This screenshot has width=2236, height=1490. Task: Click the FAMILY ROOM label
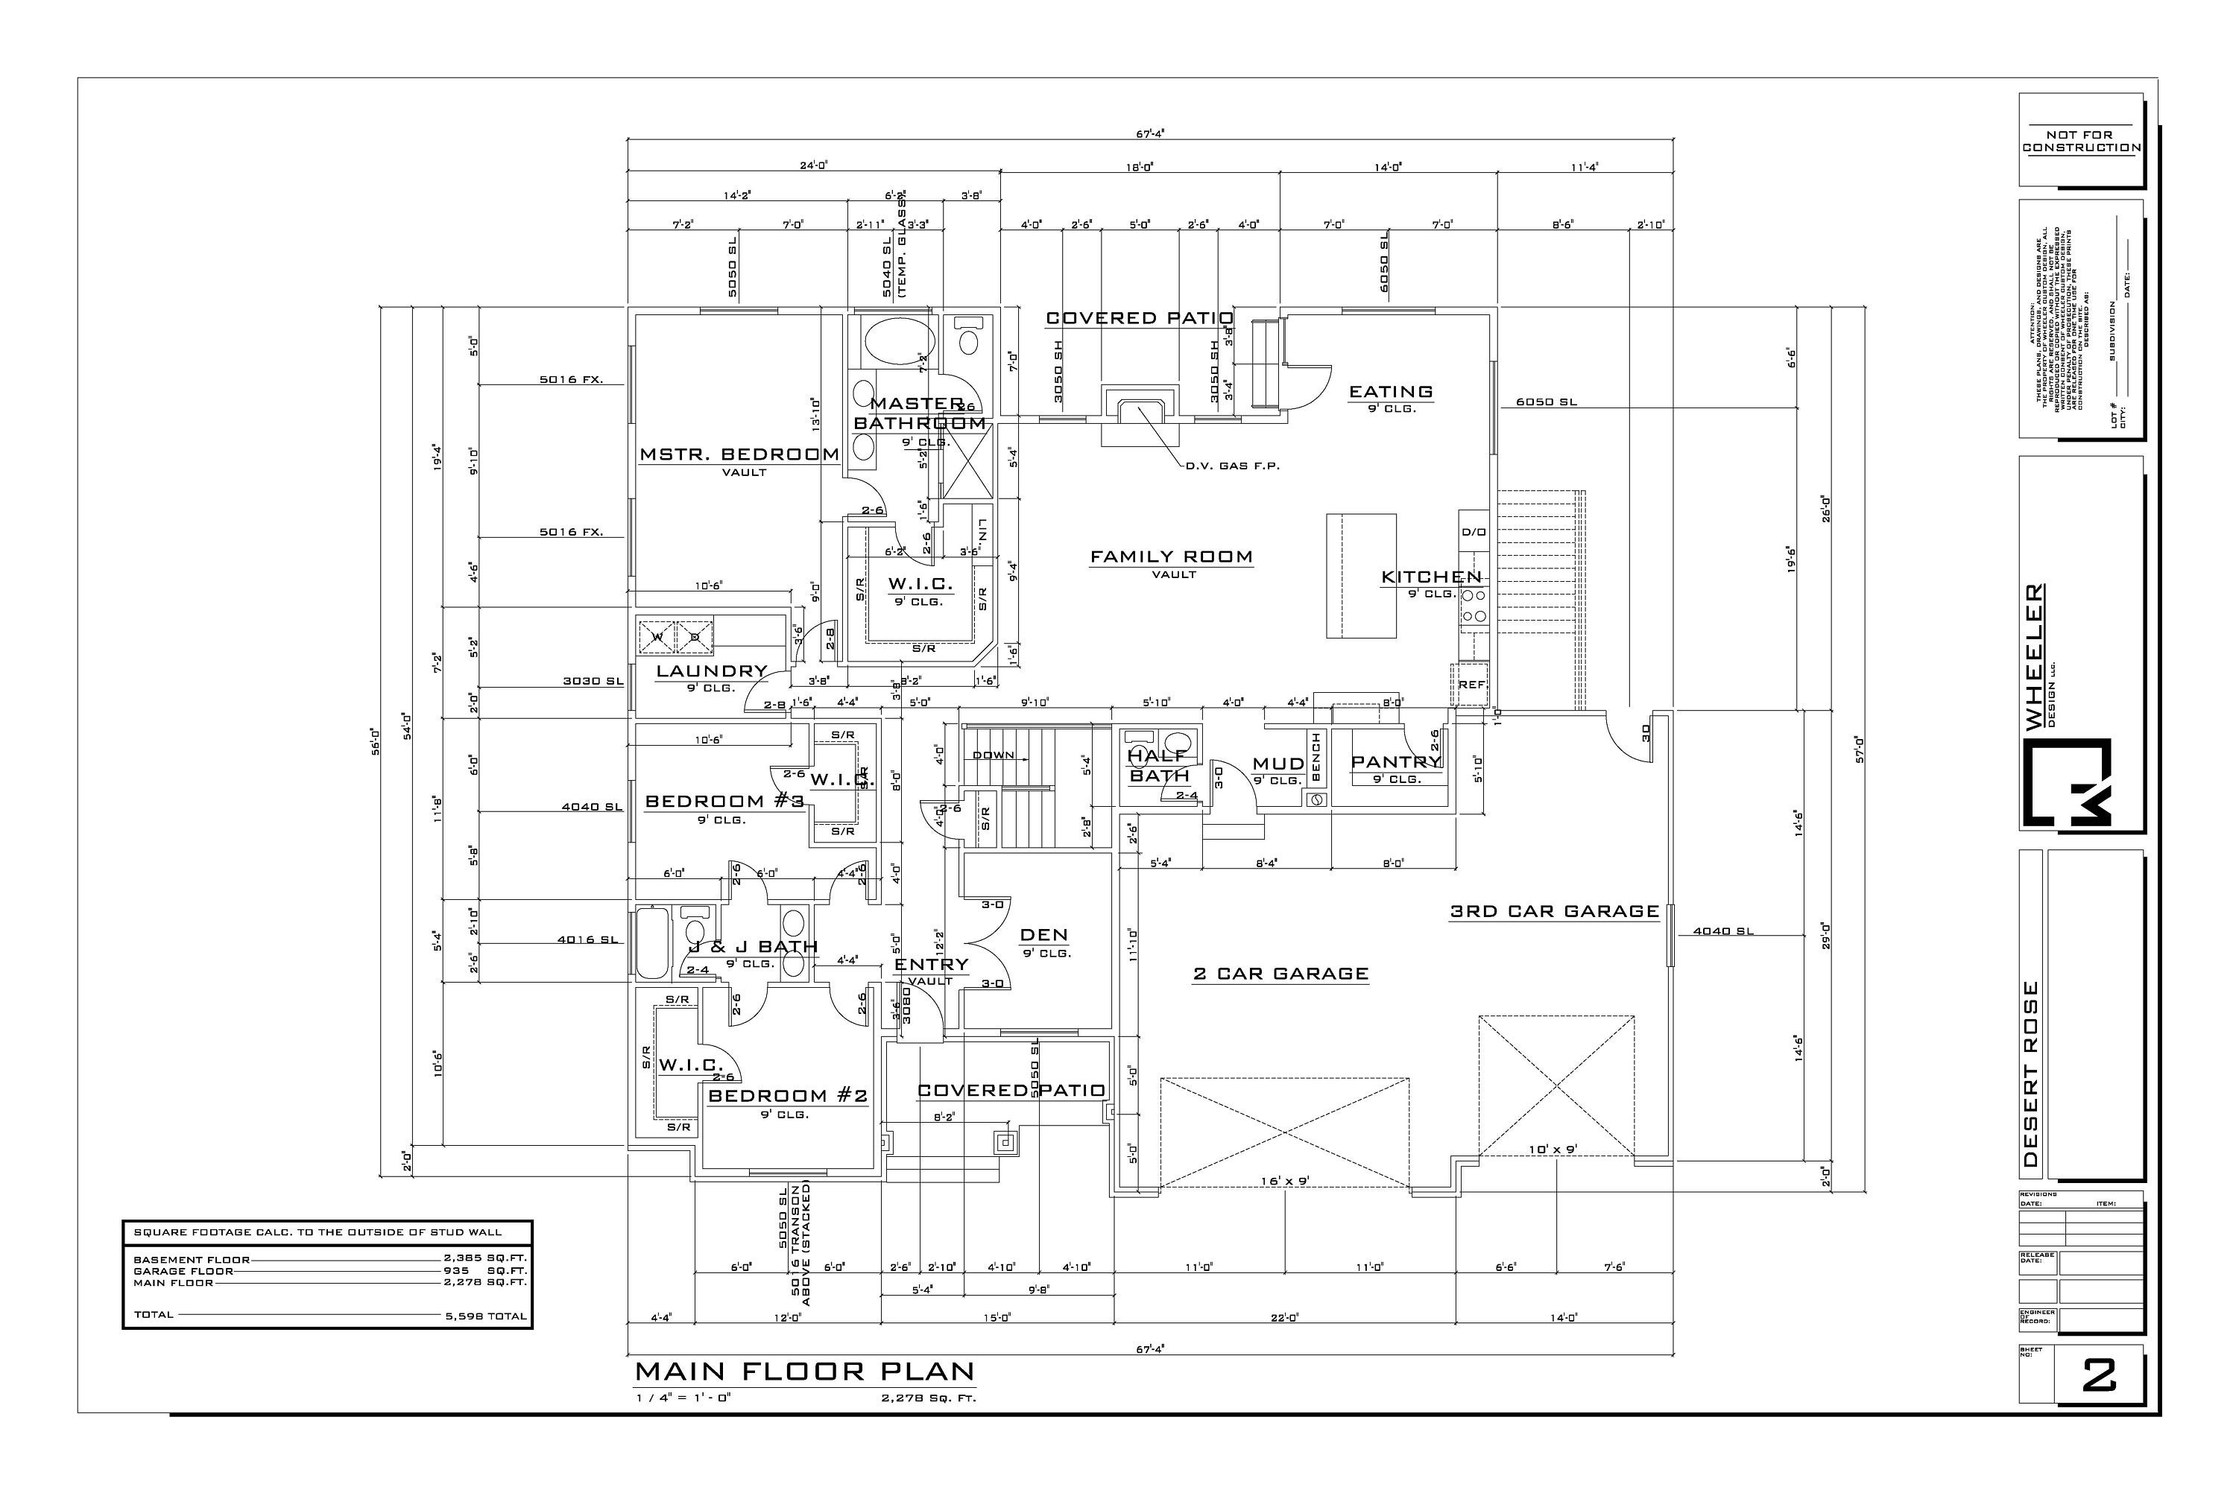(1171, 557)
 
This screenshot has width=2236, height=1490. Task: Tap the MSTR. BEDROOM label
(739, 454)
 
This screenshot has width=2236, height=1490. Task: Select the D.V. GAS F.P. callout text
(1232, 466)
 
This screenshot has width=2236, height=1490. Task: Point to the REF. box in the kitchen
(1471, 684)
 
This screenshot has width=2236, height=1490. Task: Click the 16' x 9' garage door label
(1285, 1181)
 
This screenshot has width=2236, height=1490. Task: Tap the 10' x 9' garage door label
(1553, 1149)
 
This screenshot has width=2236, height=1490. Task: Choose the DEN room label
(1044, 935)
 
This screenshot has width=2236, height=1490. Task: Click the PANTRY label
(1395, 762)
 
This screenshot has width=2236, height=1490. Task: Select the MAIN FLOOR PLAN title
(804, 1372)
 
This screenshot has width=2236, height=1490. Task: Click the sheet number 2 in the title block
(2098, 1375)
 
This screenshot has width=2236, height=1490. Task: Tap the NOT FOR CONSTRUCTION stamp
(2081, 142)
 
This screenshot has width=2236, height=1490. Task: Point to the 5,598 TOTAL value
(486, 1316)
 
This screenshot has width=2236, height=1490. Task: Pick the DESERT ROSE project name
(2030, 1074)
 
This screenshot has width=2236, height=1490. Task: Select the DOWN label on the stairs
(993, 755)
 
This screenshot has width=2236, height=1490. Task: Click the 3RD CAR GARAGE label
(1553, 911)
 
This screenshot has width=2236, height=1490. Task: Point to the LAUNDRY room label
(711, 671)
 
